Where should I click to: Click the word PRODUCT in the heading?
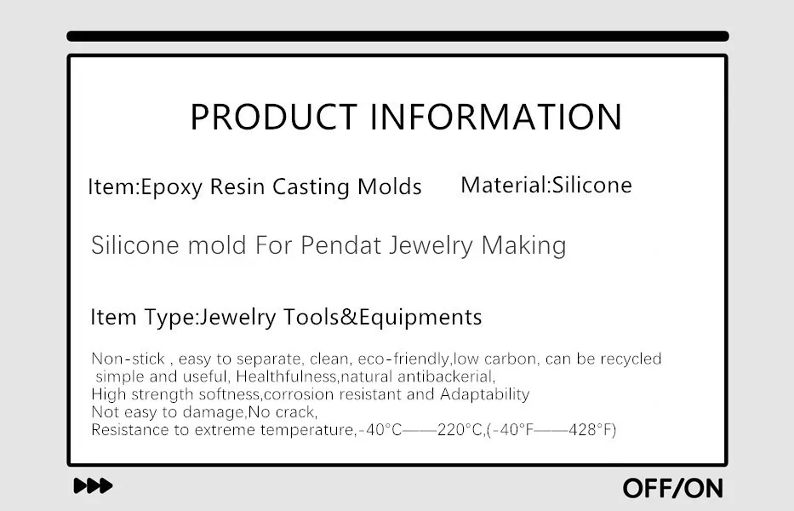273,117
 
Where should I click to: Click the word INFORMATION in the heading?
496,117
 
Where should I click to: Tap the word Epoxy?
171,187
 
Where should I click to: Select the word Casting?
311,187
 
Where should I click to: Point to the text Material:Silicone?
546,185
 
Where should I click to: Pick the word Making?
523,245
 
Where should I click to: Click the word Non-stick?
129,359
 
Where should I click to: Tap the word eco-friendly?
403,359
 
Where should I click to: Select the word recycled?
631,359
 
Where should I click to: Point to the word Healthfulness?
286,376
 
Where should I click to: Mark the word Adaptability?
484,394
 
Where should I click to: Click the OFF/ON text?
673,488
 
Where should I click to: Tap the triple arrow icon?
93,485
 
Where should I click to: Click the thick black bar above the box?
398,36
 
